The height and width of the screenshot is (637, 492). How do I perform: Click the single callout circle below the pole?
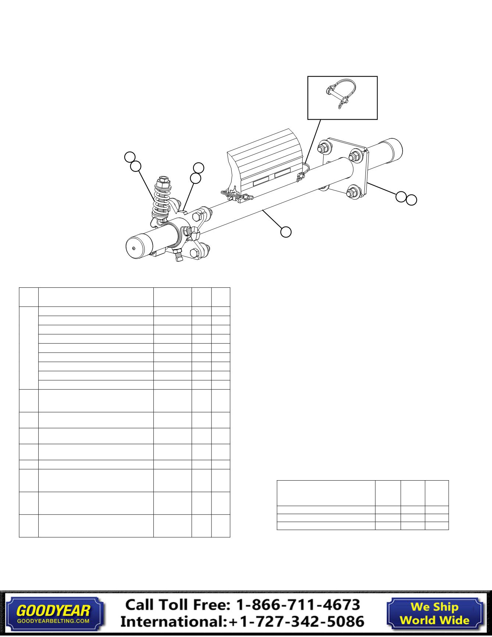click(286, 232)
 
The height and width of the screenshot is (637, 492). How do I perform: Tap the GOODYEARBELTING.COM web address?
click(53, 621)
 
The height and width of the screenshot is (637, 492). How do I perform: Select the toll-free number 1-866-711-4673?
click(297, 605)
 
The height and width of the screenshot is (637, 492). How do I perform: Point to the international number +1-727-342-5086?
click(296, 622)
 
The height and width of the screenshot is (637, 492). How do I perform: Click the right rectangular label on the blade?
click(282, 173)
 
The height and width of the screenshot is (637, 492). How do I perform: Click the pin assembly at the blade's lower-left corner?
click(236, 195)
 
